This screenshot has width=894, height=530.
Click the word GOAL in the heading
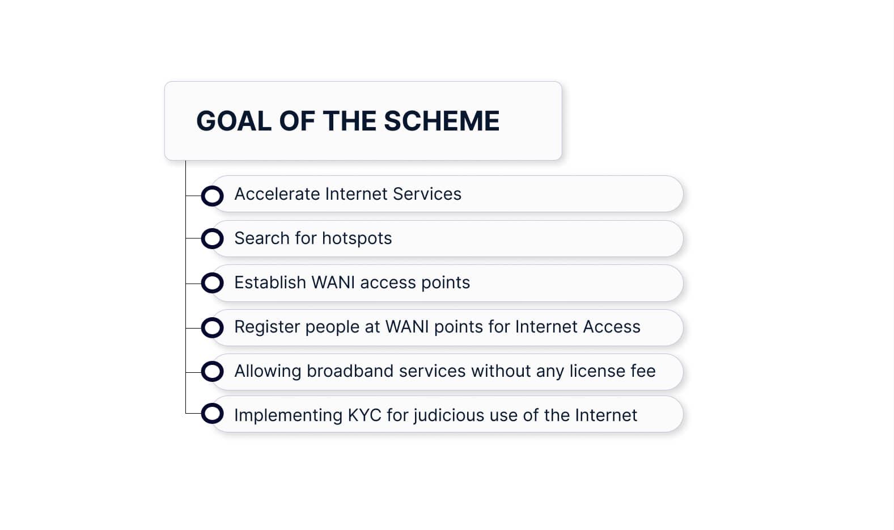tap(234, 121)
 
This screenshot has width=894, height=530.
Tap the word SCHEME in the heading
tap(442, 121)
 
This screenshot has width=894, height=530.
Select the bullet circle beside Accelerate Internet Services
tap(213, 196)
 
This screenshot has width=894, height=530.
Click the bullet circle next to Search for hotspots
tap(213, 238)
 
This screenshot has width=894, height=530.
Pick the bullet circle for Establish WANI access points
tap(213, 283)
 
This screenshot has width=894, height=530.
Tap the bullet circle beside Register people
tap(213, 327)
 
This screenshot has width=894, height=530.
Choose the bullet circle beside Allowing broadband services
tap(213, 372)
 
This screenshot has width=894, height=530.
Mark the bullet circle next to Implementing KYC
tap(213, 413)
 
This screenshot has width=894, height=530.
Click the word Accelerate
tap(277, 194)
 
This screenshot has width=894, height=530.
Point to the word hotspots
tap(357, 238)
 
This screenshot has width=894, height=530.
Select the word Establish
tap(270, 283)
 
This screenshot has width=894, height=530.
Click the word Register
tap(267, 327)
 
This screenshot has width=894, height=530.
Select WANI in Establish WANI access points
tap(333, 283)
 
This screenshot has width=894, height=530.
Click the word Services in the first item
tap(427, 194)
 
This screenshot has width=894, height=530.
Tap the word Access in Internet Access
tap(612, 327)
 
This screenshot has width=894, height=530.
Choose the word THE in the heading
tap(349, 121)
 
